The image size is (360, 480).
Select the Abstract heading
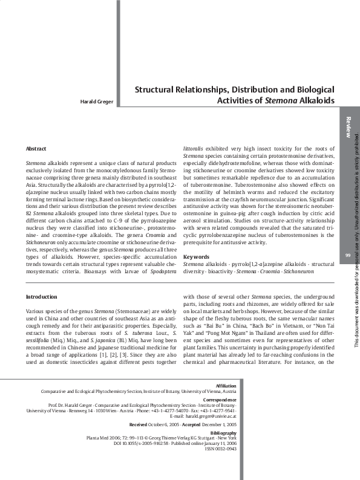(37, 148)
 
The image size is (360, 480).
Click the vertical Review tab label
(348, 128)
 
